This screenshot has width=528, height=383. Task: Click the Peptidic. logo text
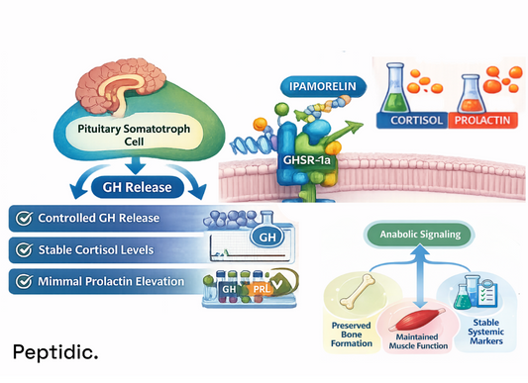click(55, 351)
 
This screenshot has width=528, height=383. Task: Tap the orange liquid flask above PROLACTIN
click(474, 87)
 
